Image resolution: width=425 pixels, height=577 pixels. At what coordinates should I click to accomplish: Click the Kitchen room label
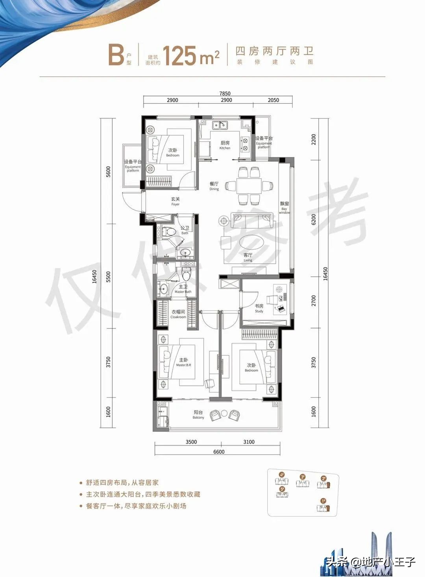(x=225, y=145)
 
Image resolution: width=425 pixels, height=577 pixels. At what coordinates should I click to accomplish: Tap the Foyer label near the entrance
(x=176, y=202)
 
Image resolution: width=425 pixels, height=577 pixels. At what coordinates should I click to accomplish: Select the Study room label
(x=259, y=308)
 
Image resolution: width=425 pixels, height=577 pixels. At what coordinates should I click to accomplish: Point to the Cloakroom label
(x=178, y=314)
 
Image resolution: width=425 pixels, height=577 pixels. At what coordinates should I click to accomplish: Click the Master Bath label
(x=183, y=289)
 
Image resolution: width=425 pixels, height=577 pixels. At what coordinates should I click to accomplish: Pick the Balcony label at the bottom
(x=198, y=415)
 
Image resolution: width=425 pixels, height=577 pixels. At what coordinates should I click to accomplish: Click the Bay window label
(x=285, y=208)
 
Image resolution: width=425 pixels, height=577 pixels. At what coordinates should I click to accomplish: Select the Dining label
(x=214, y=186)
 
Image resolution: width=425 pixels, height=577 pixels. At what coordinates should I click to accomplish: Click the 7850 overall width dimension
(x=225, y=94)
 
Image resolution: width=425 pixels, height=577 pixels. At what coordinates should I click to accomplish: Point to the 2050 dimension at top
(x=273, y=100)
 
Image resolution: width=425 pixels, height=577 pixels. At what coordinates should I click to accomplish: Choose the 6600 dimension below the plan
(x=219, y=452)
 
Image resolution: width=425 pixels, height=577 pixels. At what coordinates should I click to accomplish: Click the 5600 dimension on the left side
(x=108, y=172)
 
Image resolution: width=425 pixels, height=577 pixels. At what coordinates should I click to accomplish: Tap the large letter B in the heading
(x=116, y=55)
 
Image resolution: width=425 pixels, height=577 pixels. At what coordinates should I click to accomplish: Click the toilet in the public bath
(x=170, y=232)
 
